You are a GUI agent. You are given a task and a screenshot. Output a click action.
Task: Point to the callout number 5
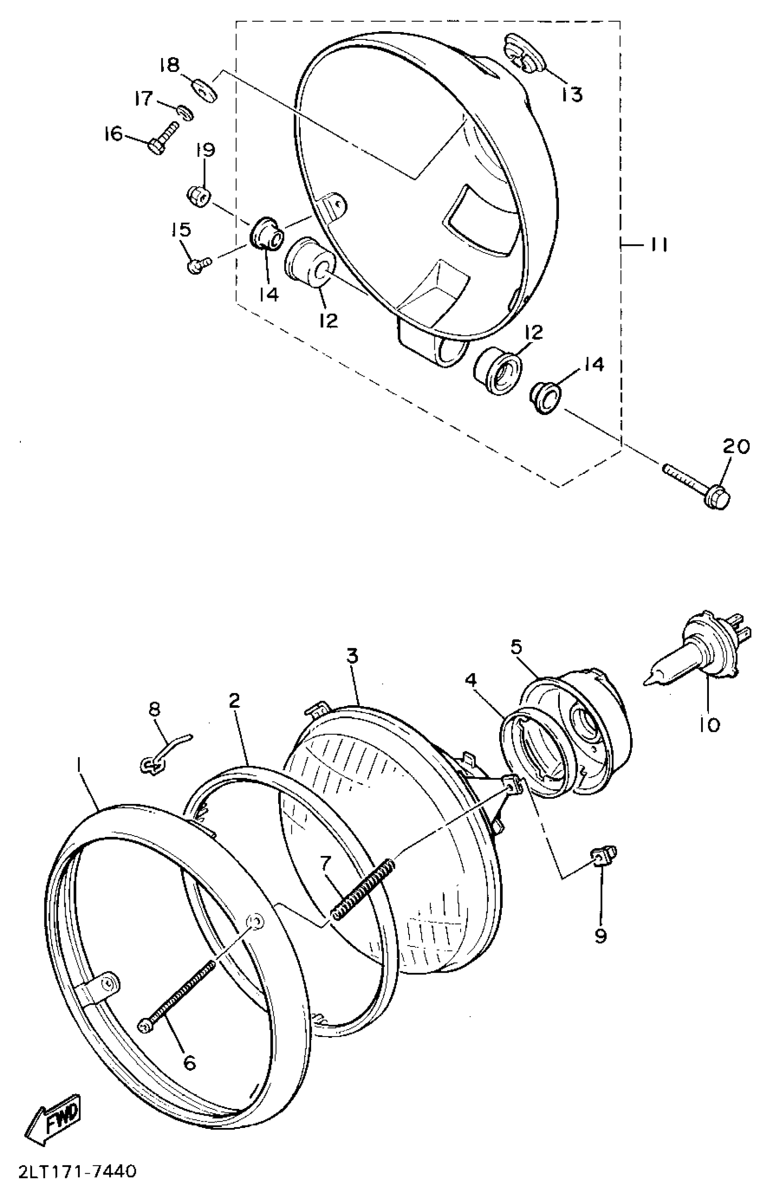click(516, 648)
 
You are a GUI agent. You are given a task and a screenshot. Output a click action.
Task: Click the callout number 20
click(736, 446)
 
